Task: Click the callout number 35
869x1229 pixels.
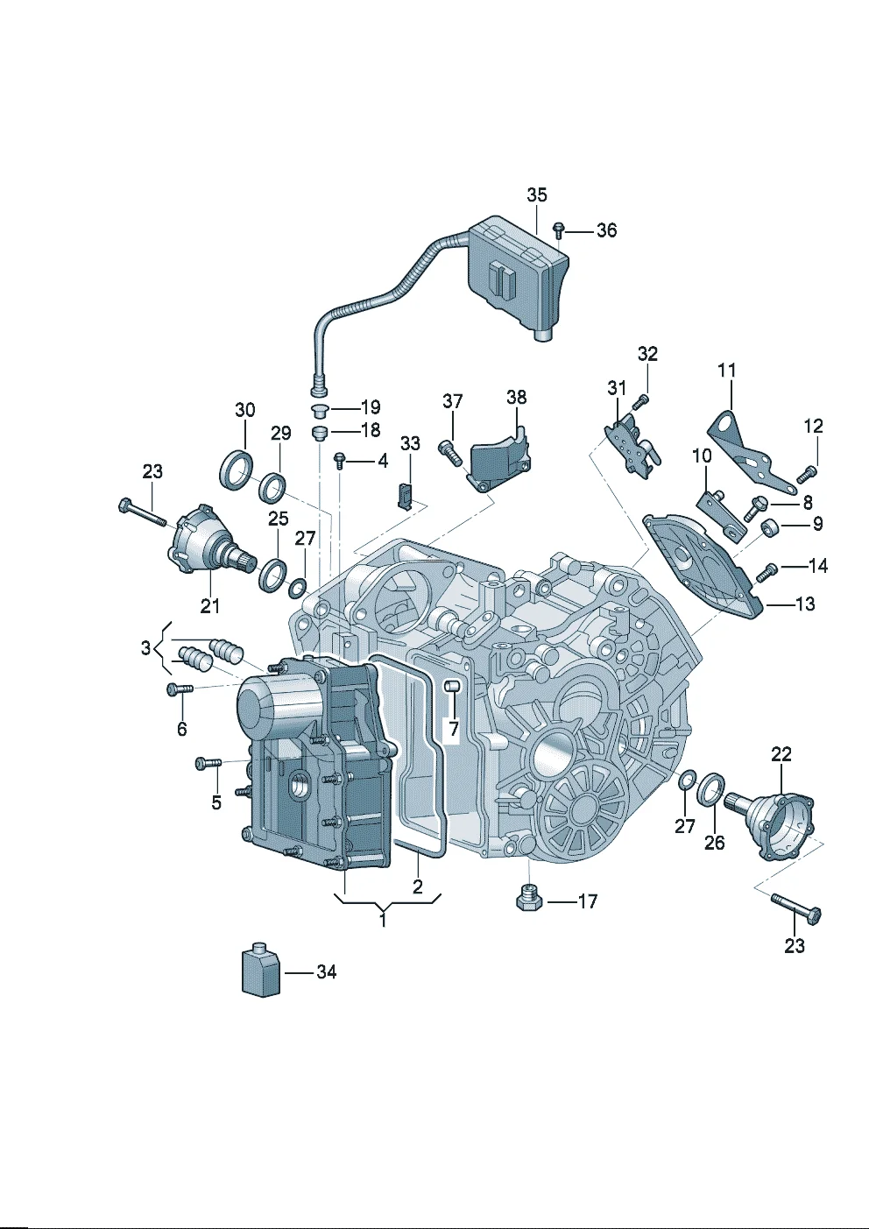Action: click(x=536, y=194)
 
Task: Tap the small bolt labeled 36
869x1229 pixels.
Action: click(x=558, y=230)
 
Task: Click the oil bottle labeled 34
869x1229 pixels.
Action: click(x=261, y=971)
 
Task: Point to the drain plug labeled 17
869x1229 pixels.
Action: click(x=529, y=899)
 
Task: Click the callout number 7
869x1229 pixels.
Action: click(x=453, y=729)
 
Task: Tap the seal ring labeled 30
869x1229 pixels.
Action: click(x=236, y=470)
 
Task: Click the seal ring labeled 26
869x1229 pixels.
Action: click(x=711, y=789)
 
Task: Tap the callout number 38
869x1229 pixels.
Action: click(x=517, y=397)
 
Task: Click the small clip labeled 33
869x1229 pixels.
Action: click(x=405, y=495)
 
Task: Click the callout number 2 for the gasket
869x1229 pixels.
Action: click(x=418, y=886)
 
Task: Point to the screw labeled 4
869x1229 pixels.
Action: click(x=340, y=460)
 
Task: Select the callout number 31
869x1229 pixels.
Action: click(x=617, y=388)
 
